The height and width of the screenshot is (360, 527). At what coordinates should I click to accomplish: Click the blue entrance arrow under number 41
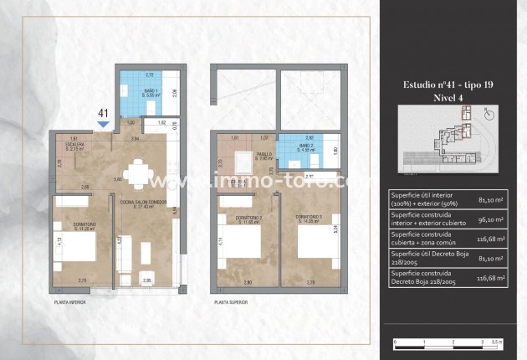coord(103,125)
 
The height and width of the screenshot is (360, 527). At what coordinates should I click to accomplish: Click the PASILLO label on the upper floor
coord(264,154)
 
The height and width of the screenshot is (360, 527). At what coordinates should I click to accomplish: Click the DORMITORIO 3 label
coord(307,219)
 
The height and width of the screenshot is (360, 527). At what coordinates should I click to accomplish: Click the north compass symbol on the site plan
coord(489,114)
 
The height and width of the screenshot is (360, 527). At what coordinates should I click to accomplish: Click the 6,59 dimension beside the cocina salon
coord(175,211)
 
